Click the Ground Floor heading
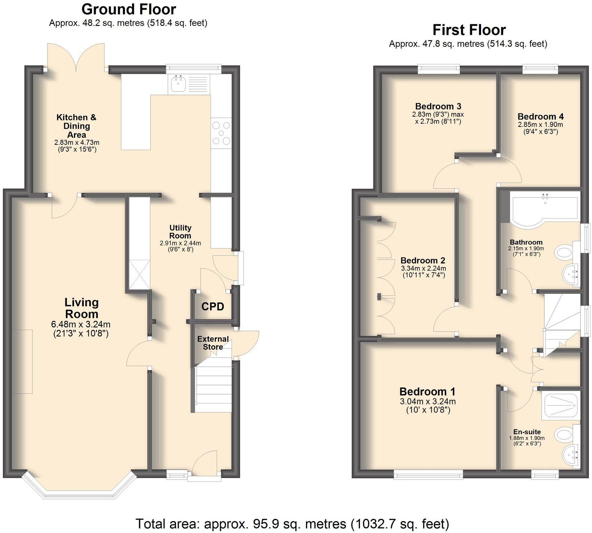[129, 9]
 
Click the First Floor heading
[469, 30]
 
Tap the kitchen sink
[178, 83]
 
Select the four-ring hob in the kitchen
[221, 133]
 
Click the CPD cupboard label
[213, 307]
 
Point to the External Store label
[213, 343]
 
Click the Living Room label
[81, 308]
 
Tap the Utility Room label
[180, 232]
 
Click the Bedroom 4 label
[540, 116]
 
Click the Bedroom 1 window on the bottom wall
[428, 475]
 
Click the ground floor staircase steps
[213, 389]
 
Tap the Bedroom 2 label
[423, 261]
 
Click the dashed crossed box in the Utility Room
[139, 274]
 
